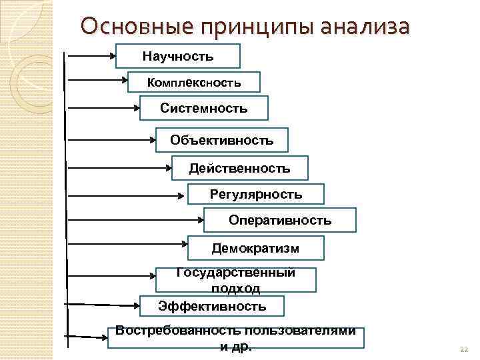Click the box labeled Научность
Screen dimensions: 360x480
pyautogui.click(x=177, y=56)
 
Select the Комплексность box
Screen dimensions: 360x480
pyautogui.click(x=193, y=82)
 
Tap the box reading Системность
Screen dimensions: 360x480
pyautogui.click(x=203, y=108)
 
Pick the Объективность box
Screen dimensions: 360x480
pyautogui.click(x=221, y=140)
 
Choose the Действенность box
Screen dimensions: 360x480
pyautogui.click(x=239, y=168)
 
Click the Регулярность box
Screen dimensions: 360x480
pyautogui.click(x=255, y=195)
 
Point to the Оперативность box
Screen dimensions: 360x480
pyautogui.click(x=279, y=220)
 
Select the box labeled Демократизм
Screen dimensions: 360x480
pyautogui.click(x=255, y=248)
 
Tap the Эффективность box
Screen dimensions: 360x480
pyautogui.click(x=212, y=306)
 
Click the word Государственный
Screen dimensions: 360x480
pyautogui.click(x=235, y=273)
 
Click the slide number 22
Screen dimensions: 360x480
pyautogui.click(x=465, y=349)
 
